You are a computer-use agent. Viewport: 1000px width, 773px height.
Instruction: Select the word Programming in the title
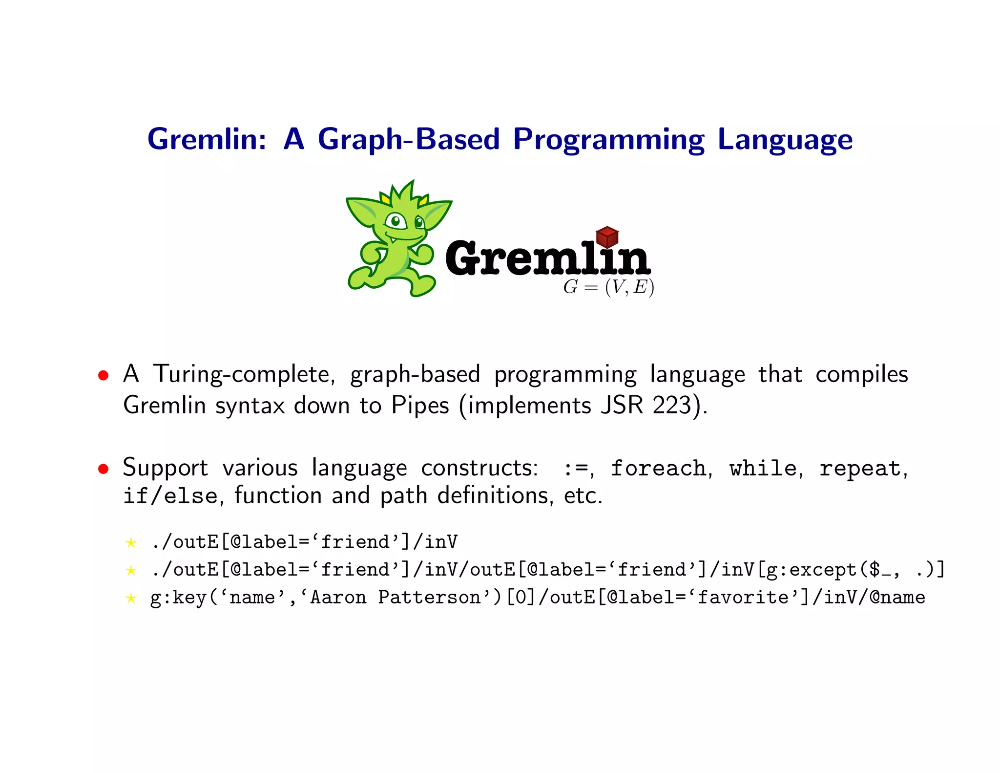608,140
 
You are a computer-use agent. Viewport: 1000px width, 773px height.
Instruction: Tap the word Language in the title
785,140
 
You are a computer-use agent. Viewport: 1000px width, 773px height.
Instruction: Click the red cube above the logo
607,237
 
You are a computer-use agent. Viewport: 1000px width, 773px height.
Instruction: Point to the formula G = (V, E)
608,287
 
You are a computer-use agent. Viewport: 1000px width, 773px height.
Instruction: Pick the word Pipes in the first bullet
420,405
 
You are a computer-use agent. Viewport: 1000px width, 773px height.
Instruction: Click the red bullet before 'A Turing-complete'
103,375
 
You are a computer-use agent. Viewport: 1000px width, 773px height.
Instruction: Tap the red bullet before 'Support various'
103,469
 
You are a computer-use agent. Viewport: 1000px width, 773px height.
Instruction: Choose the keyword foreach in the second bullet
658,468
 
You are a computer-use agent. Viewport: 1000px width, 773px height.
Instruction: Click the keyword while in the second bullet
763,468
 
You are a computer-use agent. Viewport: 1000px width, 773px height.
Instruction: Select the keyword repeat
860,468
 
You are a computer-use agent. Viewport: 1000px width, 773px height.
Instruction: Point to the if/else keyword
170,496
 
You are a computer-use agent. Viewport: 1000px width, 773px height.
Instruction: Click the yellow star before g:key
130,598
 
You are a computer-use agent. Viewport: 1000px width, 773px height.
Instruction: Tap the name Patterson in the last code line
429,598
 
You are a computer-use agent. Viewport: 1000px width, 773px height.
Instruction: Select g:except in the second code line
812,570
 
